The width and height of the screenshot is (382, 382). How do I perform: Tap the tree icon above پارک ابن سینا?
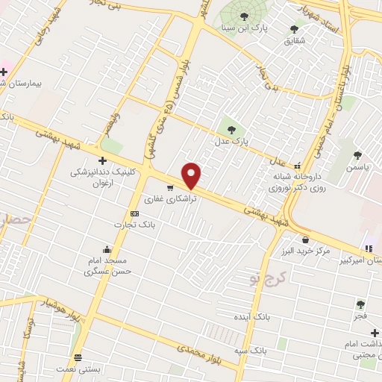tap(244, 16)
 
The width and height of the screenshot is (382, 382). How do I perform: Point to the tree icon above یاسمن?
tap(357, 155)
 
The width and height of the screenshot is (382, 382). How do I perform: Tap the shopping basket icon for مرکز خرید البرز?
tap(306, 239)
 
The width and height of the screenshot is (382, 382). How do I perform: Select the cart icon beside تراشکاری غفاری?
tap(171, 188)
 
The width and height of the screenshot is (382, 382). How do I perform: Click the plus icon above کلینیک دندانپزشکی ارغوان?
tap(102, 160)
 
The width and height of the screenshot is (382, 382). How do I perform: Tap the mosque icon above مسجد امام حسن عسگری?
tap(107, 249)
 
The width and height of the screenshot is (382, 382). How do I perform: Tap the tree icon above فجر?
tap(360, 304)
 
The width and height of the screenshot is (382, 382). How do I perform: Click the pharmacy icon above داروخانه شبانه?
tap(298, 166)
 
